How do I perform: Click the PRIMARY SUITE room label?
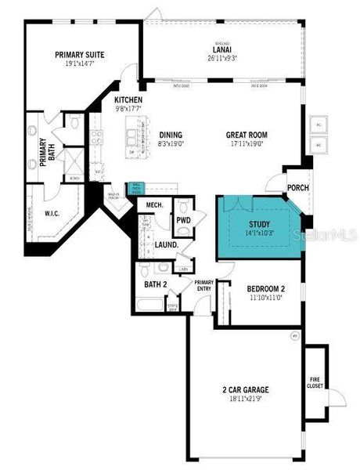[79, 55]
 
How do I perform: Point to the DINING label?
[170, 135]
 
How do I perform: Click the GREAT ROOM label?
[248, 135]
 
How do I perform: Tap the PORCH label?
[298, 187]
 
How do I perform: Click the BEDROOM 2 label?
[260, 289]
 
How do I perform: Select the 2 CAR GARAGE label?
[245, 389]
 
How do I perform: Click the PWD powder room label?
[183, 221]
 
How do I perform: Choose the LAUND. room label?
[167, 245]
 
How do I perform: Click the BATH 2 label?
[155, 284]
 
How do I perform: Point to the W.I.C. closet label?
[52, 212]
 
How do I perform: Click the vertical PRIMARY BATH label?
[44, 150]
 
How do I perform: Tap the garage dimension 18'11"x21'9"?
[245, 398]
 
